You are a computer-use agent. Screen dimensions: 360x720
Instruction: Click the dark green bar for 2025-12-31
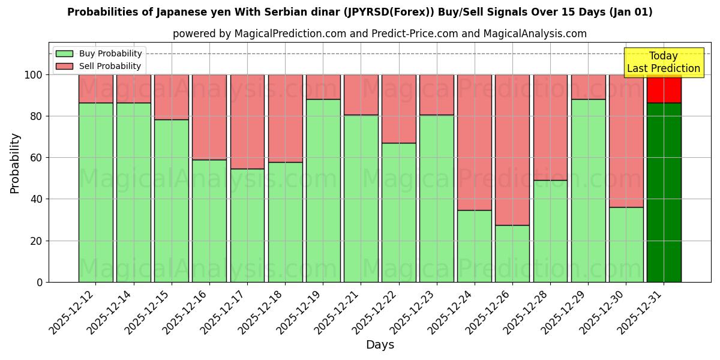[664, 192]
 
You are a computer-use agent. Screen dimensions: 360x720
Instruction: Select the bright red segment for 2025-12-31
[664, 89]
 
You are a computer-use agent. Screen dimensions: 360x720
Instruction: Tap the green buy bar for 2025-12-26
[512, 253]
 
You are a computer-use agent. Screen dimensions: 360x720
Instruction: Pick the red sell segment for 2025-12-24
[475, 142]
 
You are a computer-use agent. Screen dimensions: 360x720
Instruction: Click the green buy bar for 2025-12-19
[323, 190]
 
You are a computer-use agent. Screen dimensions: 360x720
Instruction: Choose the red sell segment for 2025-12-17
[247, 121]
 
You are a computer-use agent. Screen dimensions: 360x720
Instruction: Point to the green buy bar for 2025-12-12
[95, 192]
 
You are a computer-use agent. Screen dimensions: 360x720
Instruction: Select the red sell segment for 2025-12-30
[626, 140]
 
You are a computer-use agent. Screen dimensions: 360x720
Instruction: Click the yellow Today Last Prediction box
[664, 62]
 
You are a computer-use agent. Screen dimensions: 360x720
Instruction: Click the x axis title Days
[380, 345]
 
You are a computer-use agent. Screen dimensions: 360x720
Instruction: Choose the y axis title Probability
[15, 163]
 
